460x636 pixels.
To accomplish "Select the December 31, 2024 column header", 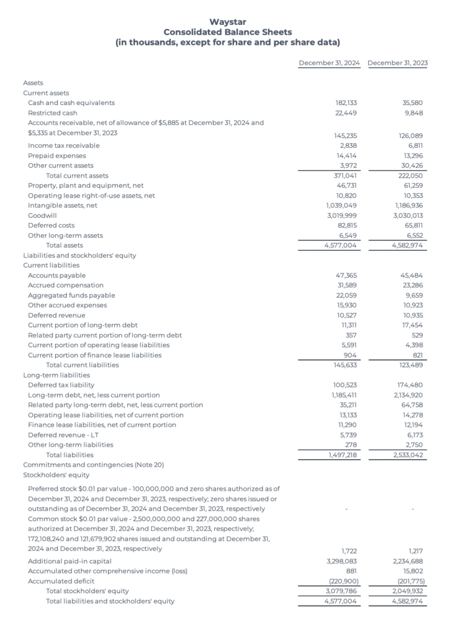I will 329,63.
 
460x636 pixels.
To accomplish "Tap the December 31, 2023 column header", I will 397,63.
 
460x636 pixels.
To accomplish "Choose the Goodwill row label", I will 40,216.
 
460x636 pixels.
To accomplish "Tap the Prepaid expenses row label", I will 57,156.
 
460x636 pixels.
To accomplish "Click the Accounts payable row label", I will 57,276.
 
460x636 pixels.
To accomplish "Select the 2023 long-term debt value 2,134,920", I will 408,396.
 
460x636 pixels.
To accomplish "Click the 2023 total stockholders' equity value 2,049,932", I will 408,591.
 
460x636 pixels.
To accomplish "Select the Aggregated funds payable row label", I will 71,296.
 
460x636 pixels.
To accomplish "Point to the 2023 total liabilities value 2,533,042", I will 408,455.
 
